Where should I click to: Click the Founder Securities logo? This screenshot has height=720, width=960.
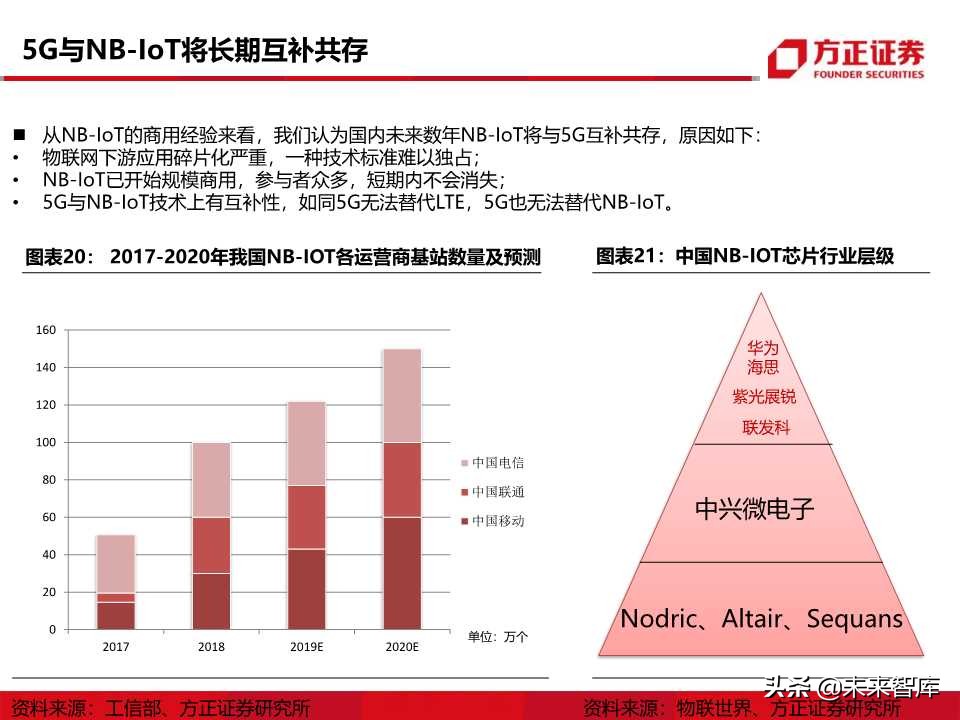coord(846,57)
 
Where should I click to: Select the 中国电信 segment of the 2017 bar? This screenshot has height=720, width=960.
coord(116,563)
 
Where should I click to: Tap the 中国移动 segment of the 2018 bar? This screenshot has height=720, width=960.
coord(211,600)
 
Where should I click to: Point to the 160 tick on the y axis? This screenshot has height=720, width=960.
coord(45,330)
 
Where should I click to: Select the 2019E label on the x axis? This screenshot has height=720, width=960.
coord(307,647)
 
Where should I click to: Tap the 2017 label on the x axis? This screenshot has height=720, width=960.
coord(116,647)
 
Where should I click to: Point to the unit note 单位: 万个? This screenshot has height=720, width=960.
coord(497,636)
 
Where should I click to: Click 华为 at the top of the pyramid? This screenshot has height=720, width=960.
coord(762,349)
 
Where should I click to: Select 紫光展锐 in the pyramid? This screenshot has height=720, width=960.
coord(764,397)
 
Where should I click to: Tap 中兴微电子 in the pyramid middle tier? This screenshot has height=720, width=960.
coord(755,509)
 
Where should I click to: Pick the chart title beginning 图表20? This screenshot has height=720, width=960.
coord(282,258)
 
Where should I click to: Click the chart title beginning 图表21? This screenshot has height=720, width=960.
coord(744,257)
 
